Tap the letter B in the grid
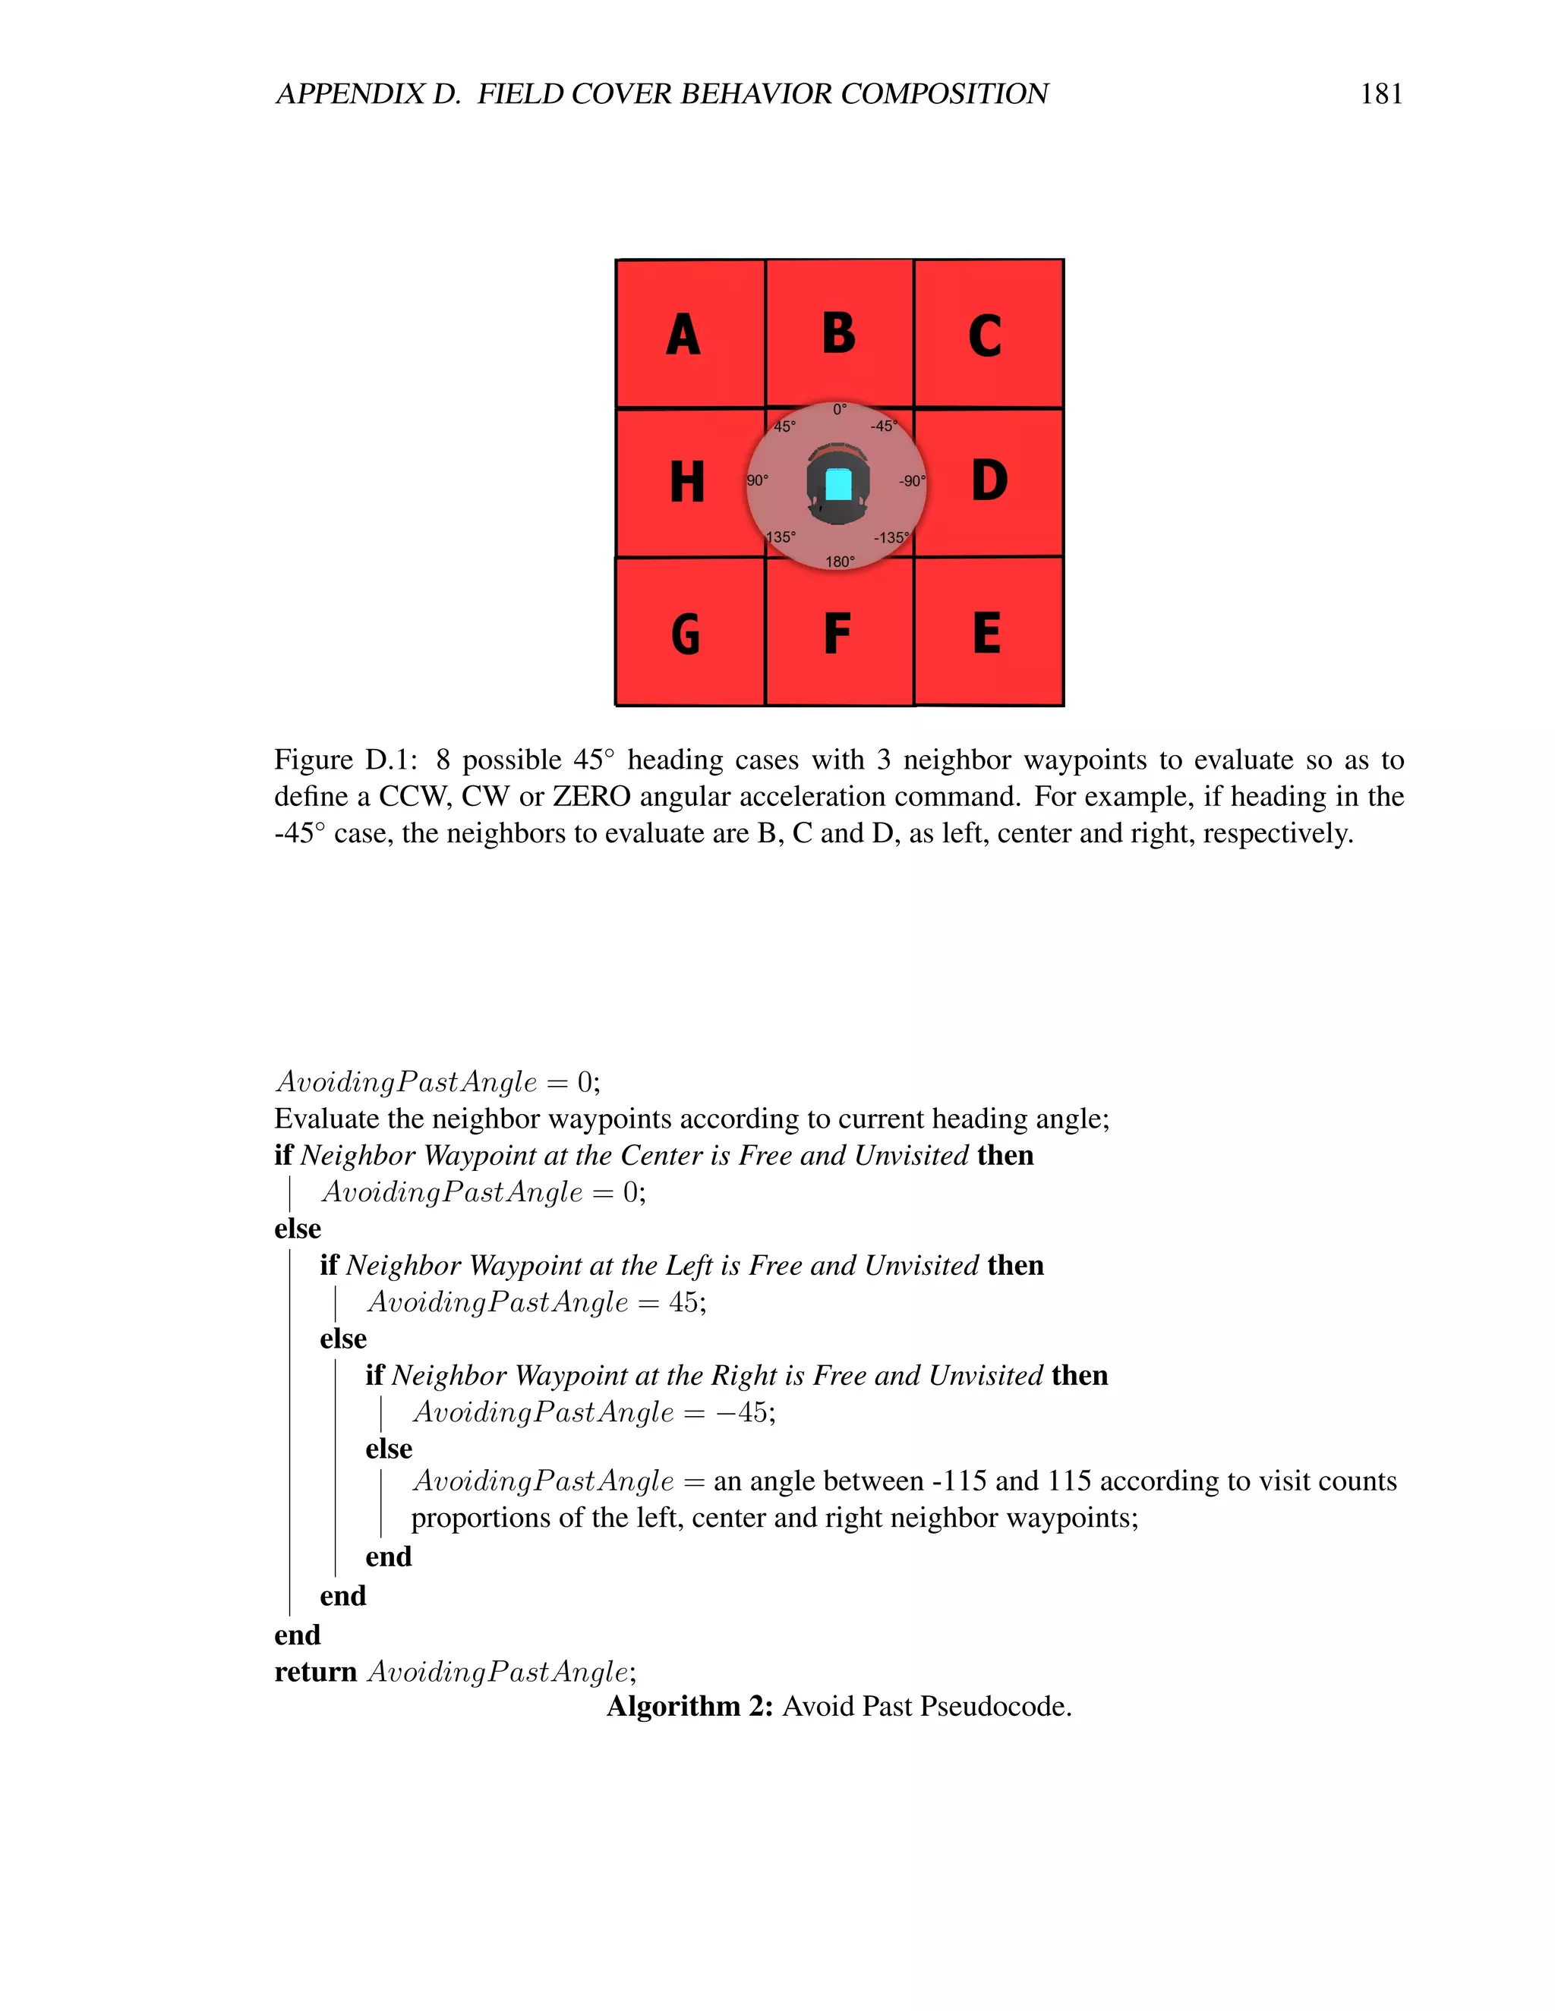tap(838, 332)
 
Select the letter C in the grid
tap(985, 336)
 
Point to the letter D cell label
tap(989, 480)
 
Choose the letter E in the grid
tap(986, 633)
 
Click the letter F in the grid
tap(837, 634)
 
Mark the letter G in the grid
tap(686, 634)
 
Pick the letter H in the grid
tap(687, 483)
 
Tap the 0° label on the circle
tap(839, 410)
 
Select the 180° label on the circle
tap(839, 562)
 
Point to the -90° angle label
tap(911, 480)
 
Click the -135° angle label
tap(891, 538)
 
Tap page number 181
tap(1381, 94)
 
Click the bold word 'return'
tap(315, 1671)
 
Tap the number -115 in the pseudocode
tap(959, 1481)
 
